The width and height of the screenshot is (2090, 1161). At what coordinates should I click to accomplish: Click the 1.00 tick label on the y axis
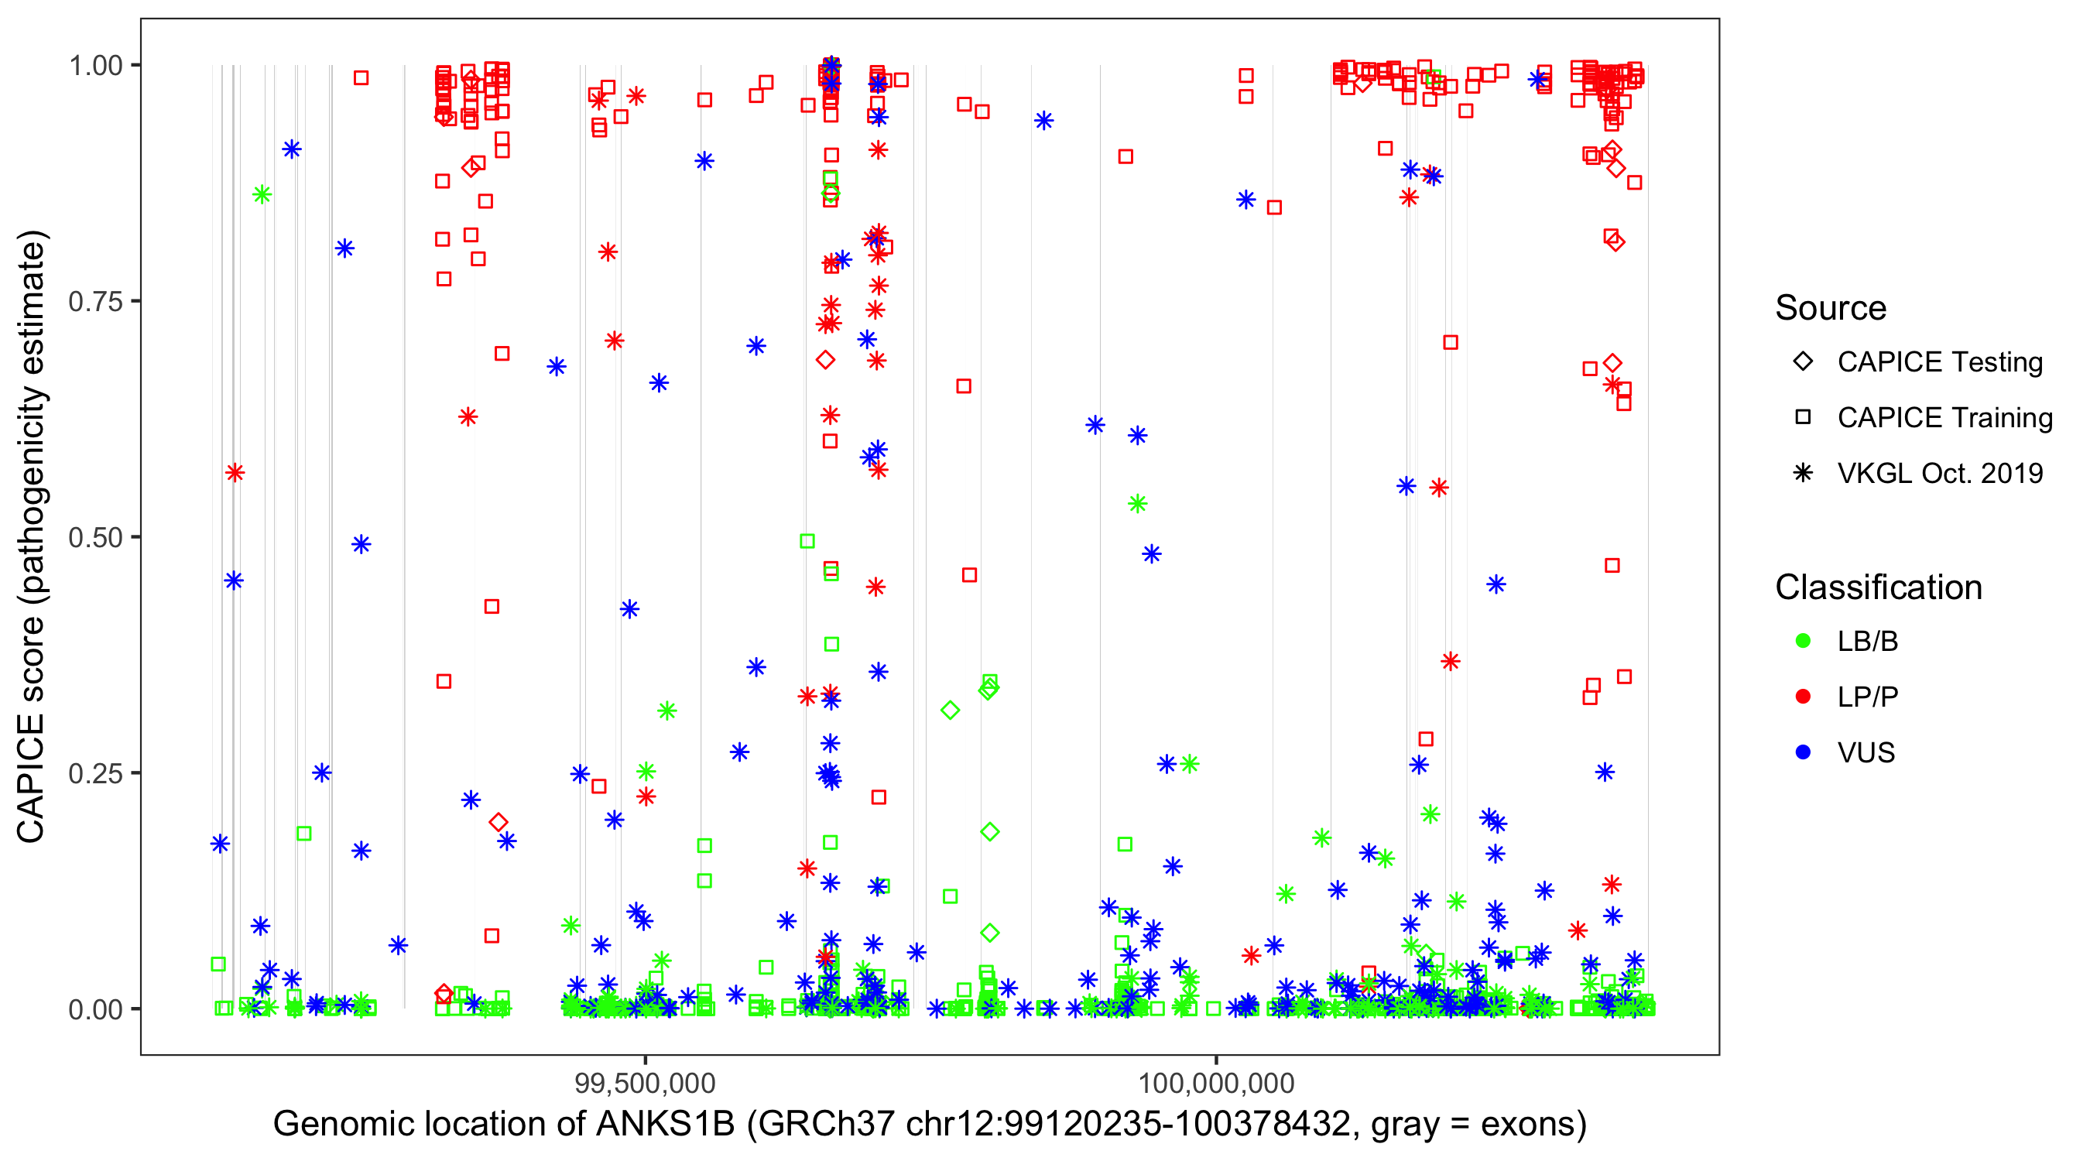pyautogui.click(x=95, y=65)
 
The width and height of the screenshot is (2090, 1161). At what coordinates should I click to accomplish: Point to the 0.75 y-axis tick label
pyautogui.click(x=95, y=301)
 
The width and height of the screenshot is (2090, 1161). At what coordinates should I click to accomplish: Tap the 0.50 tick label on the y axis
pyautogui.click(x=95, y=537)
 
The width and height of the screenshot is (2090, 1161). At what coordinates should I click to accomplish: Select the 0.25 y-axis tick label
pyautogui.click(x=95, y=772)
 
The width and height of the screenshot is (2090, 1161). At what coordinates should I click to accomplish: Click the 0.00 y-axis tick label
pyautogui.click(x=95, y=1009)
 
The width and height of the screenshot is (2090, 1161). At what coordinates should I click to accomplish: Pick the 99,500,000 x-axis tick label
pyautogui.click(x=645, y=1082)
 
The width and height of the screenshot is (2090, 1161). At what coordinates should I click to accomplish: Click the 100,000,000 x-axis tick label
pyautogui.click(x=1216, y=1082)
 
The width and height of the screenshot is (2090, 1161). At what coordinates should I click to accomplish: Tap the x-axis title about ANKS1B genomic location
pyautogui.click(x=929, y=1124)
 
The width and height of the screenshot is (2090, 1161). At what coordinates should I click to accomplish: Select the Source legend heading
pyautogui.click(x=1831, y=308)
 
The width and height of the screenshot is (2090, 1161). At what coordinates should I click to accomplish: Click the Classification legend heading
pyautogui.click(x=1878, y=587)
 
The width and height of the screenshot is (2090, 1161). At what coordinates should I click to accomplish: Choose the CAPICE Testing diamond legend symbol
pyautogui.click(x=1803, y=362)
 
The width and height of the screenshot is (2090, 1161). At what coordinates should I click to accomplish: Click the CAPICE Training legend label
pyautogui.click(x=1944, y=418)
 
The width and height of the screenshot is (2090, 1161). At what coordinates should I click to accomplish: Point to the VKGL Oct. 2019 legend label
pyautogui.click(x=1940, y=473)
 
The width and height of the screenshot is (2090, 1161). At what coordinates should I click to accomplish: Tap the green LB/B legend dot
pyautogui.click(x=1803, y=641)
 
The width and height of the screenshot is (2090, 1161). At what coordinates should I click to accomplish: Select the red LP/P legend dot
pyautogui.click(x=1803, y=697)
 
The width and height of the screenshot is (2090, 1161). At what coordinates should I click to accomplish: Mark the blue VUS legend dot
pyautogui.click(x=1803, y=752)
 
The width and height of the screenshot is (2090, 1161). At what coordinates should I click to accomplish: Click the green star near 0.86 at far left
pyautogui.click(x=262, y=194)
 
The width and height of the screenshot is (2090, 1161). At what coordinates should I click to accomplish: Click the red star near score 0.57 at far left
pyautogui.click(x=235, y=472)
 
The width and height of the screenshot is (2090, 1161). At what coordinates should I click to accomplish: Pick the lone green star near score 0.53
pyautogui.click(x=1137, y=504)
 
